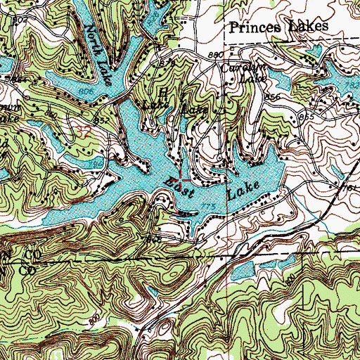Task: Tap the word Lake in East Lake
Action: (x=243, y=189)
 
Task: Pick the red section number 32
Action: (x=84, y=130)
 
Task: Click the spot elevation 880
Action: (x=215, y=55)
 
